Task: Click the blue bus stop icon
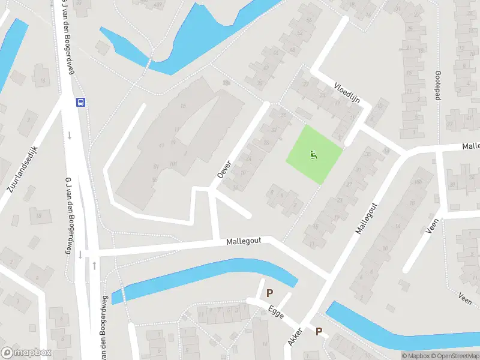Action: [80, 102]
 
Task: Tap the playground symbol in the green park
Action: [313, 155]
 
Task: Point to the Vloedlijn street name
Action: [346, 93]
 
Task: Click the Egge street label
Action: [276, 313]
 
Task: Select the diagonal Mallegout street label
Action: [367, 217]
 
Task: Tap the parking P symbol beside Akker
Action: [319, 331]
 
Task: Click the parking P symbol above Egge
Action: [270, 293]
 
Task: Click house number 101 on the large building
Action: [174, 164]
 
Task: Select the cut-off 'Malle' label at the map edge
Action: [470, 146]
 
